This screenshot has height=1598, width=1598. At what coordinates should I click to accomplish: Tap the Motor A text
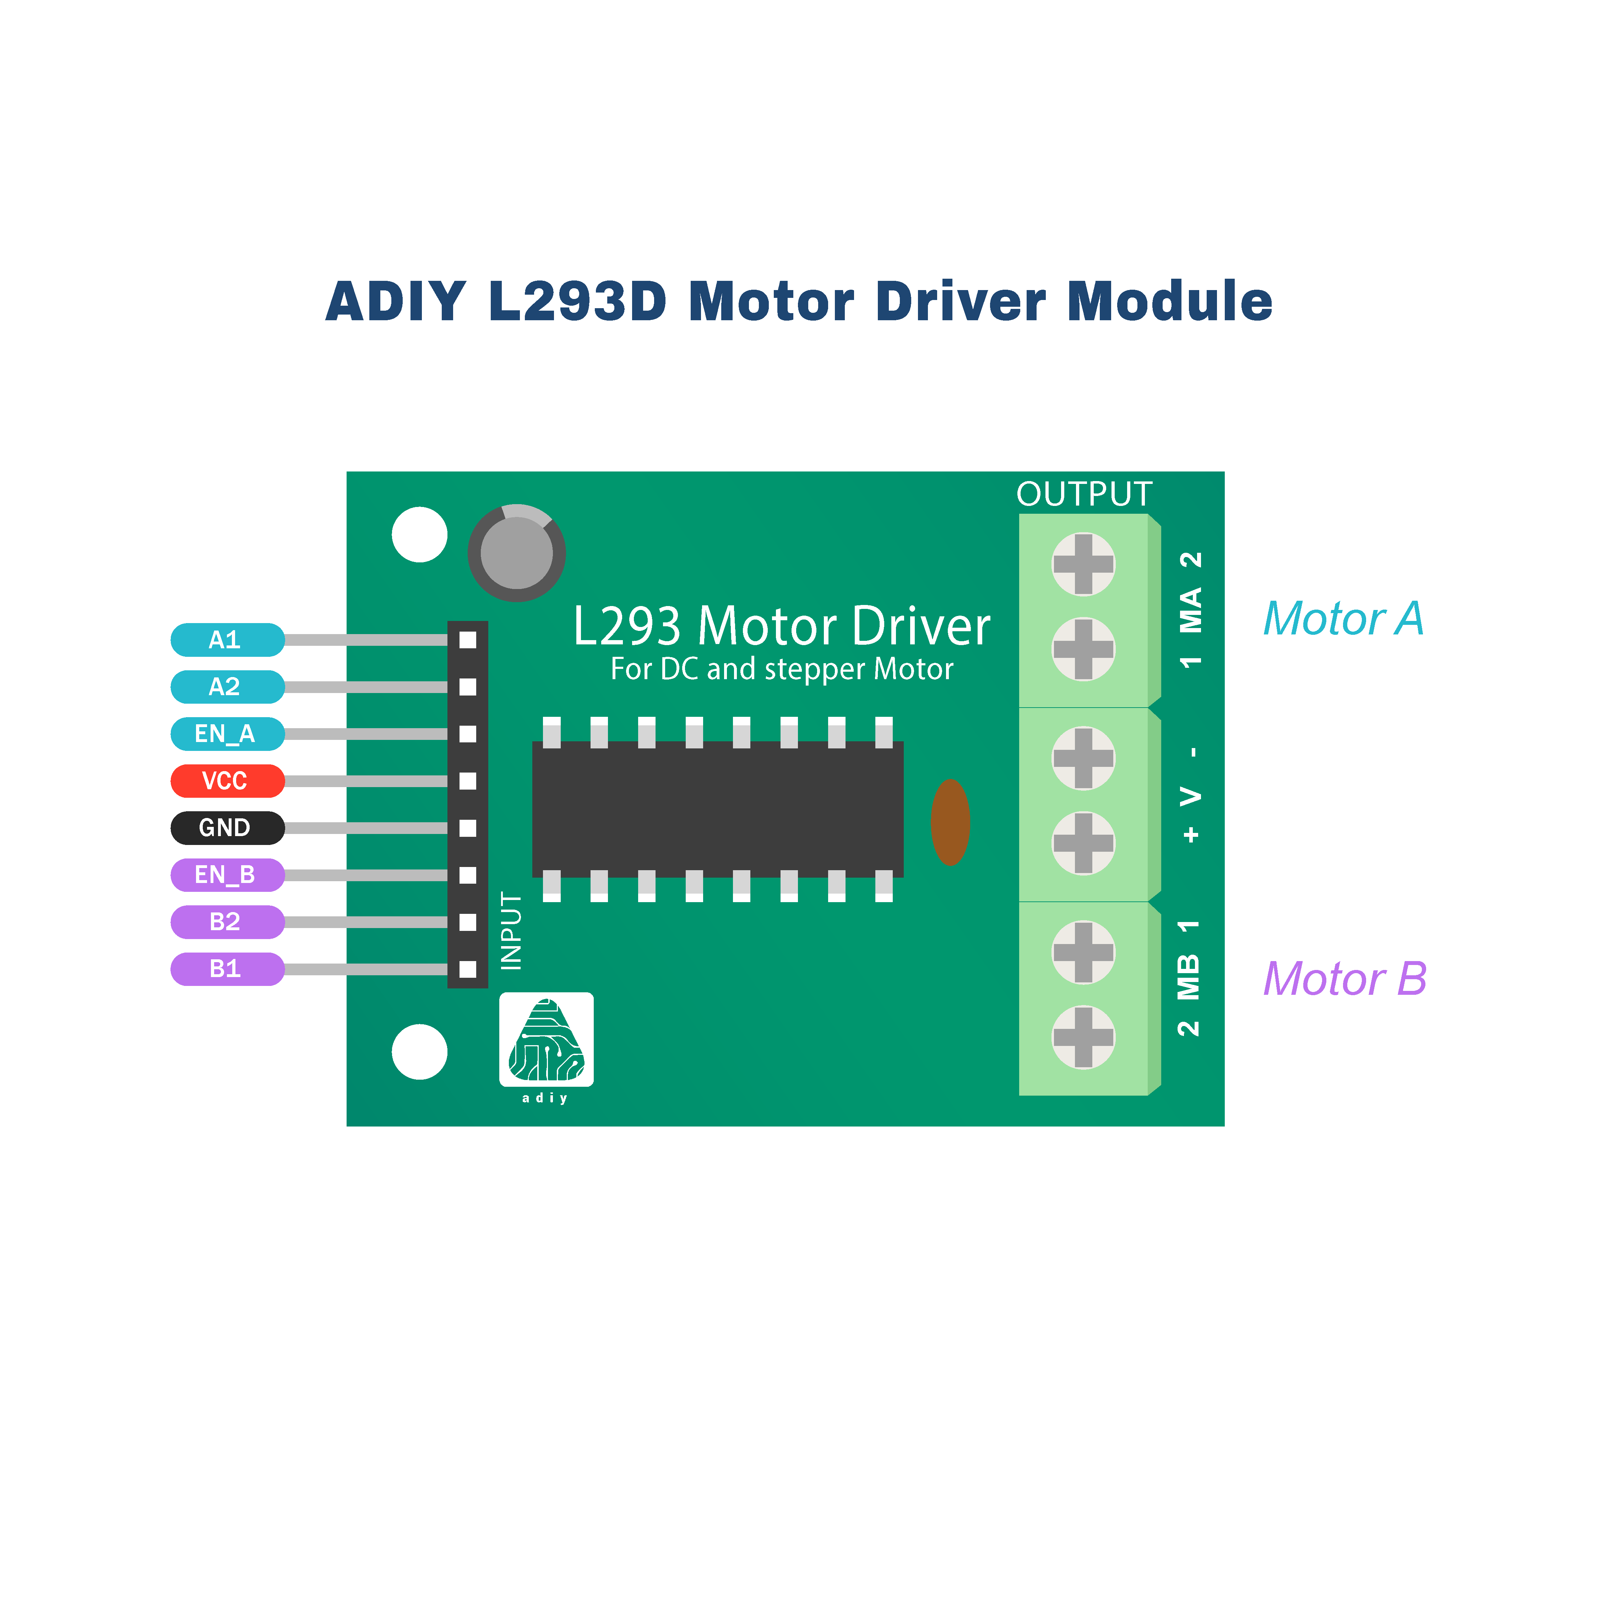(1343, 619)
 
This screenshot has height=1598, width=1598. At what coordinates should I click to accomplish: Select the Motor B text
(1345, 979)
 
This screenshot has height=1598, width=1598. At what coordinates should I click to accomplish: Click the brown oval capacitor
(950, 822)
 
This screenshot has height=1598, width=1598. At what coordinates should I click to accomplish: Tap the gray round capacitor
(517, 552)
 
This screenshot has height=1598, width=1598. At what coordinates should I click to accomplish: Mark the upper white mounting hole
(419, 534)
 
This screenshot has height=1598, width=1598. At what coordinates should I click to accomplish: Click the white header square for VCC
(468, 781)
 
